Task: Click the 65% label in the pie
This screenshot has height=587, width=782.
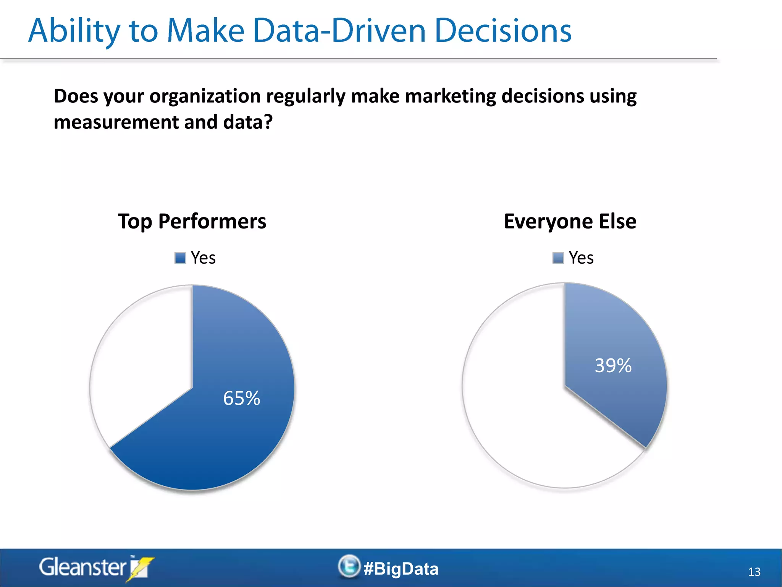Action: pyautogui.click(x=241, y=398)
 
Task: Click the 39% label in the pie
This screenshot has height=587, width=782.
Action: pyautogui.click(x=613, y=366)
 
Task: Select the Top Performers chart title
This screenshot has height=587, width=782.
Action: pyautogui.click(x=192, y=221)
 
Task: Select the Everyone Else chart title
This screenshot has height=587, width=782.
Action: pyautogui.click(x=570, y=221)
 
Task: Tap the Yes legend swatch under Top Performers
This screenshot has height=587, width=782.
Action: pyautogui.click(x=180, y=258)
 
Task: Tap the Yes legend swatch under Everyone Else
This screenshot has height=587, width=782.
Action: pyautogui.click(x=558, y=258)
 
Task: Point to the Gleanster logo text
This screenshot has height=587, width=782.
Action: pyautogui.click(x=82, y=567)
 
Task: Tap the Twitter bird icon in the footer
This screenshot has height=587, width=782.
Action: pyautogui.click(x=349, y=566)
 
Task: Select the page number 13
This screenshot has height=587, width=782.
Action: pyautogui.click(x=754, y=572)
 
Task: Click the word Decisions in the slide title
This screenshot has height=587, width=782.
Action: pyautogui.click(x=503, y=31)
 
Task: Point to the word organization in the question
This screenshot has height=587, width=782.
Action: pyautogui.click(x=205, y=96)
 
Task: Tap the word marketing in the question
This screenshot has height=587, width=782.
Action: pyautogui.click(x=450, y=96)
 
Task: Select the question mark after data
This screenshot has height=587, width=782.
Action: pyautogui.click(x=268, y=122)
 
